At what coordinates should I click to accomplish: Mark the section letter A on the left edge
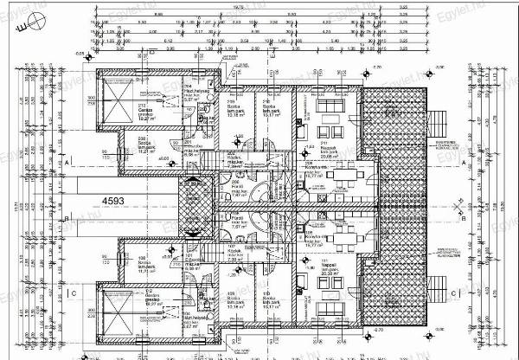(x=66, y=162)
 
